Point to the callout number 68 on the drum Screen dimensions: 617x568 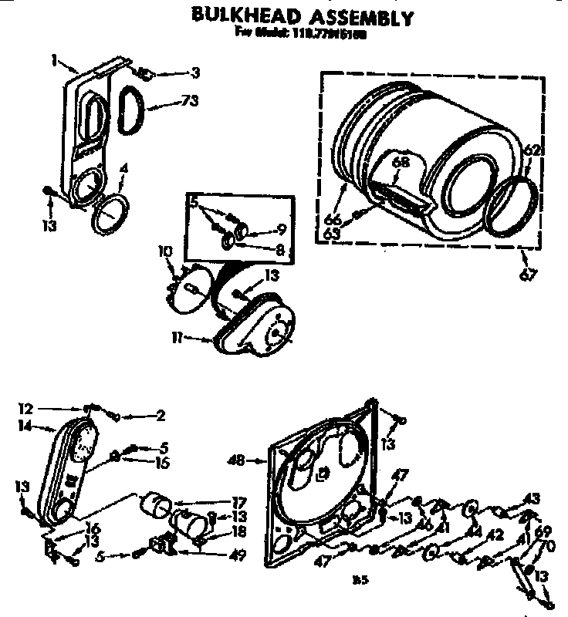(x=399, y=163)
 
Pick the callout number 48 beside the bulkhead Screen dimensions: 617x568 (x=237, y=460)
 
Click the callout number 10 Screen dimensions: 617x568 (x=164, y=252)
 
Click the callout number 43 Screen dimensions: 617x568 (x=532, y=497)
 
